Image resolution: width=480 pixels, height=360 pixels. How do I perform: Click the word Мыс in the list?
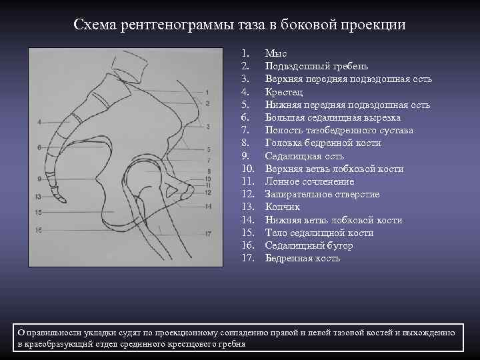point(275,53)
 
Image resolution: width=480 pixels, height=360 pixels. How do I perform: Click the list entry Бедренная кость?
point(302,258)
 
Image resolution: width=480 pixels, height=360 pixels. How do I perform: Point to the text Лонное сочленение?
point(309,181)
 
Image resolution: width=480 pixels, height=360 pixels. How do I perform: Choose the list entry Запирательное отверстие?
point(322,194)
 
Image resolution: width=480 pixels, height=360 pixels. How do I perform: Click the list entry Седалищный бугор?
point(309,245)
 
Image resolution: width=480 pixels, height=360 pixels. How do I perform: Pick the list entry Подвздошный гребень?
point(316,66)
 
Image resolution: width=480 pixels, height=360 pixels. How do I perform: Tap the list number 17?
point(247,258)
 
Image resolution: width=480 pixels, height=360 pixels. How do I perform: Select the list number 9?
point(245,155)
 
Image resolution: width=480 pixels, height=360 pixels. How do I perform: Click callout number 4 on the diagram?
point(39,122)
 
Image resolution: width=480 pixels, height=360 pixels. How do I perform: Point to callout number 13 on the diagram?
point(38,196)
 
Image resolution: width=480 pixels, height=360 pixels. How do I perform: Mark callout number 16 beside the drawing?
point(39,230)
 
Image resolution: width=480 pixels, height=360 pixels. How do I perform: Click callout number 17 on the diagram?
point(208,233)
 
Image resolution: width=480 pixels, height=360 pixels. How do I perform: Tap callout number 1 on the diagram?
point(208,92)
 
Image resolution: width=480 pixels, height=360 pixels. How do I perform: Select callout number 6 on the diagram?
point(39,147)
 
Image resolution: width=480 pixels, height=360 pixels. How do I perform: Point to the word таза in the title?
point(249,25)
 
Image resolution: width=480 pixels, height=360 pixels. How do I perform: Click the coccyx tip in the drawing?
point(64,199)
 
